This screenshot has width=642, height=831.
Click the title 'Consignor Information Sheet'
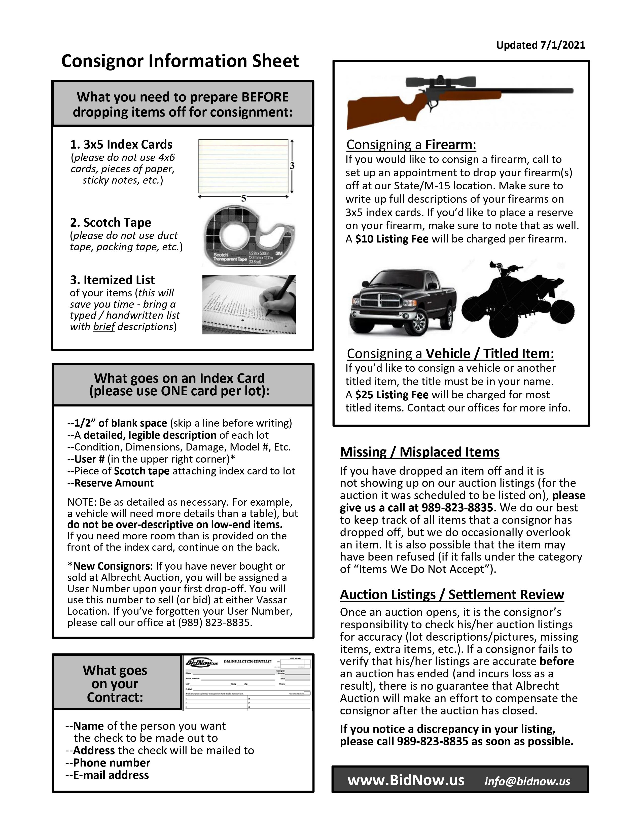180,61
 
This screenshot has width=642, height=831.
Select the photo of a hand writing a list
249,304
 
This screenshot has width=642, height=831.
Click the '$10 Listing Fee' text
392,239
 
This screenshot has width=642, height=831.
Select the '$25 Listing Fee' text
392,395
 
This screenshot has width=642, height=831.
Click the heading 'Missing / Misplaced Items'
419,452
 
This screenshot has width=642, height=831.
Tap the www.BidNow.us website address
406,780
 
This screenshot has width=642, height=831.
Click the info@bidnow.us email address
527,781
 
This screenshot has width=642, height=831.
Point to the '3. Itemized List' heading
112,280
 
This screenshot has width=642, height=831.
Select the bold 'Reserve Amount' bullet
114,483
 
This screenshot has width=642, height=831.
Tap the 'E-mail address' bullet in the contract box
111,775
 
